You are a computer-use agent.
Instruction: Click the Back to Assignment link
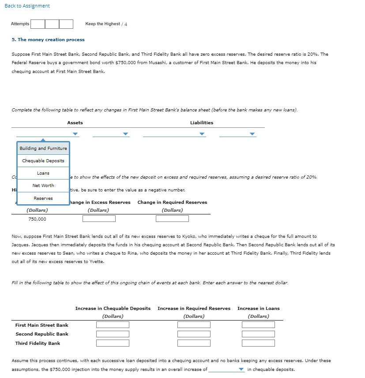(x=27, y=6)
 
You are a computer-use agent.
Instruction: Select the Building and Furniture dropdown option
(x=43, y=149)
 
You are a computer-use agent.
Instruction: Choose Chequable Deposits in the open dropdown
(x=43, y=161)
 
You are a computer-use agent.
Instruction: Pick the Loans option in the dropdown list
(x=43, y=173)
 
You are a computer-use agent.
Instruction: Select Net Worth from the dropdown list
(x=43, y=186)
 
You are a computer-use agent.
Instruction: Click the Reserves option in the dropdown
(x=43, y=199)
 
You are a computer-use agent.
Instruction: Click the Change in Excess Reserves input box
(x=99, y=219)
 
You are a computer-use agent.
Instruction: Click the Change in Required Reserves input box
(x=172, y=219)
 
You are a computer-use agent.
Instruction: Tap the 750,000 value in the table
(x=37, y=219)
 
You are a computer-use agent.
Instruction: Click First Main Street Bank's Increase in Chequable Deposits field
(x=113, y=325)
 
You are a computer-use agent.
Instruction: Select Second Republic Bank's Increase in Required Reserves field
(x=194, y=334)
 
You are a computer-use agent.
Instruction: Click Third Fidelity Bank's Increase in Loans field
(x=258, y=343)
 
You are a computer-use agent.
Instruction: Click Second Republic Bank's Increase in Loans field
(x=258, y=334)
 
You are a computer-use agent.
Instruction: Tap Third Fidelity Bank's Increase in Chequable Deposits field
(x=113, y=343)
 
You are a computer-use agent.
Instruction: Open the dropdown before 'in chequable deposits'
(x=226, y=370)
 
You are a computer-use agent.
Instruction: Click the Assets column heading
(x=75, y=123)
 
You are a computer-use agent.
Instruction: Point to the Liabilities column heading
(x=201, y=123)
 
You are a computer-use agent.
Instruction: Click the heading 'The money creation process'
(x=48, y=40)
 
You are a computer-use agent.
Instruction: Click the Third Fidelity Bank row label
(x=38, y=344)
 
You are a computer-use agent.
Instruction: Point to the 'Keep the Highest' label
(x=102, y=24)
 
